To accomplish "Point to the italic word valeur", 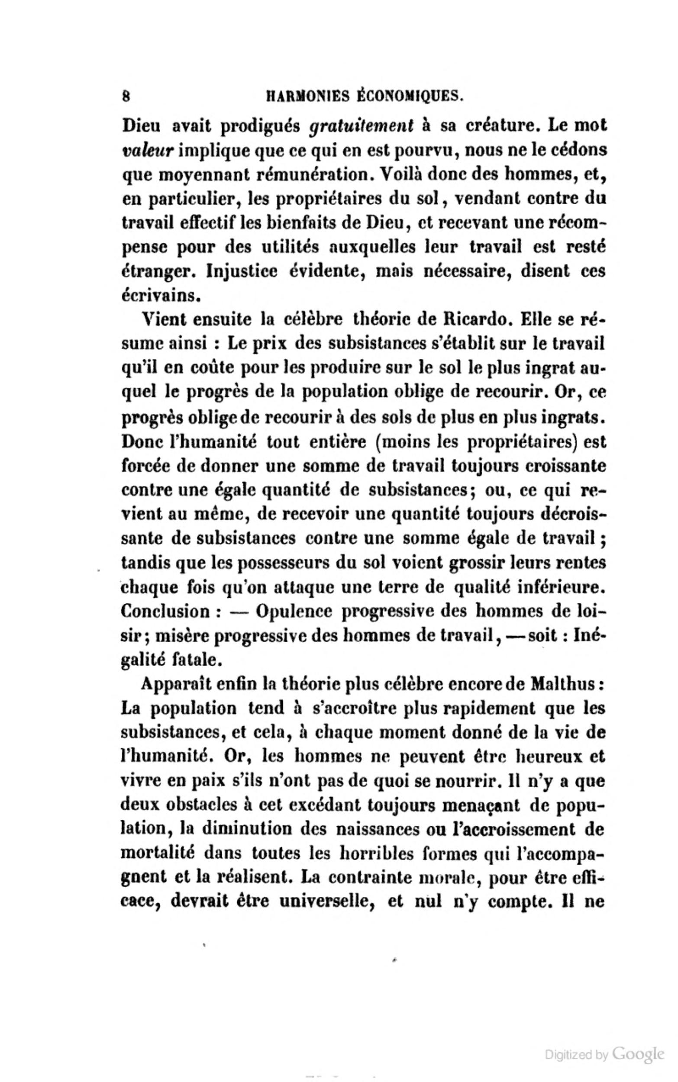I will point(147,151).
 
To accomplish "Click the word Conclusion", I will point(165,612).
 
